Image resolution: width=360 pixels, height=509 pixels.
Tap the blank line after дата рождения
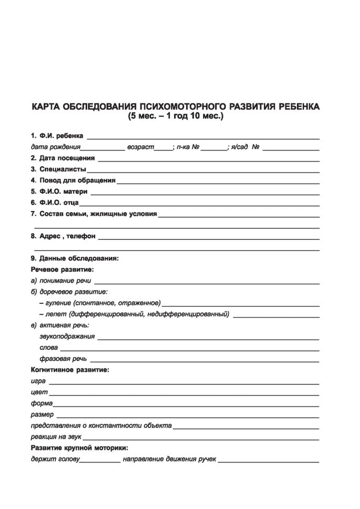click(x=103, y=149)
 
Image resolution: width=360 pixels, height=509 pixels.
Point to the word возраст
click(x=141, y=148)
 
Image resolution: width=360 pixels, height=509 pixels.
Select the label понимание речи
click(x=61, y=281)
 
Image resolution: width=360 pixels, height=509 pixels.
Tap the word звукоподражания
click(x=67, y=336)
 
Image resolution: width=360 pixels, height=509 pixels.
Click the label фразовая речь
click(x=63, y=359)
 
